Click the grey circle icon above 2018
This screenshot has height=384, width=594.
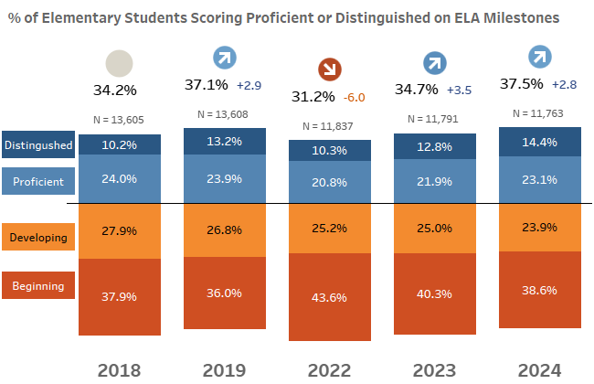[120, 64]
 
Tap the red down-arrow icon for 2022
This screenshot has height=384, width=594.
[329, 69]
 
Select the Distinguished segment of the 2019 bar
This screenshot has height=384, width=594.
[225, 141]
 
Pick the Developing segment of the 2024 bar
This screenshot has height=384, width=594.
[539, 228]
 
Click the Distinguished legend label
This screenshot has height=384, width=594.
[37, 145]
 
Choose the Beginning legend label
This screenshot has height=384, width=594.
[37, 286]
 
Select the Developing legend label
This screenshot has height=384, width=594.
[37, 238]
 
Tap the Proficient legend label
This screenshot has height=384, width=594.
[37, 182]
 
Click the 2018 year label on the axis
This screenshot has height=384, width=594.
[120, 369]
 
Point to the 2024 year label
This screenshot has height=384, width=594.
[539, 369]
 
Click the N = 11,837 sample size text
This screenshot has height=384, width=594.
[329, 126]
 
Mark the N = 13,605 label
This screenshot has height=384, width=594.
[120, 120]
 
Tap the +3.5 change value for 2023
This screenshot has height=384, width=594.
[460, 91]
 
